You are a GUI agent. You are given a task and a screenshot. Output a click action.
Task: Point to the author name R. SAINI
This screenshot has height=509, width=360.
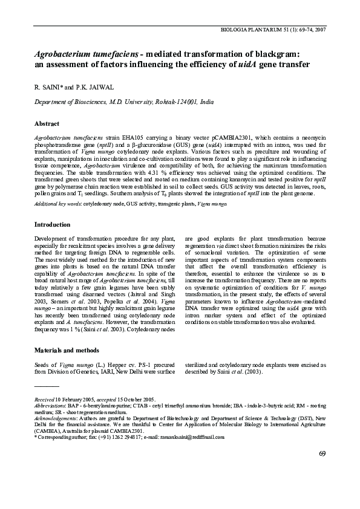tap(48, 88)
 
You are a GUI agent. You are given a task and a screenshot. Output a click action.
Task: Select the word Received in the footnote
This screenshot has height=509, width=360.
tap(44, 400)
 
